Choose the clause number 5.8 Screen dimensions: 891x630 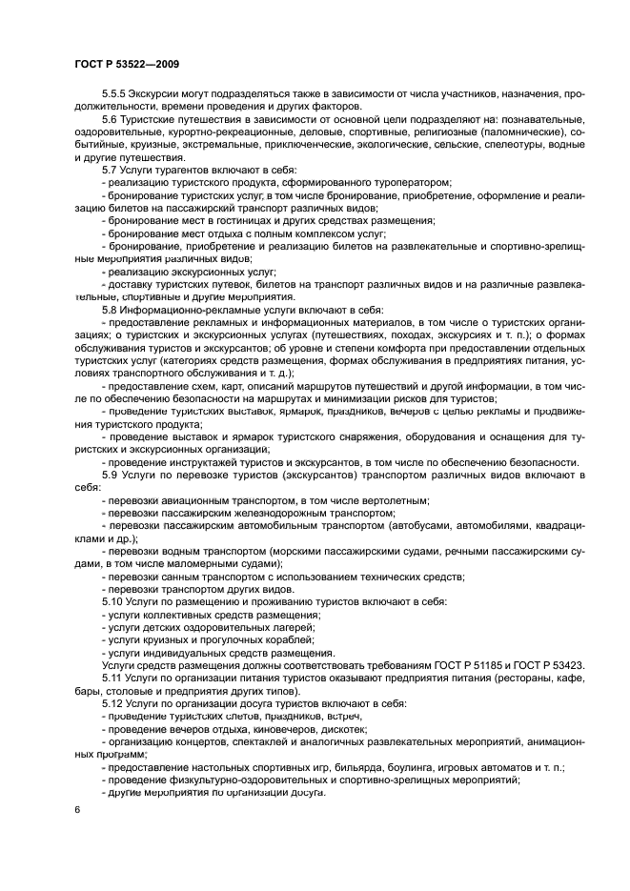(110, 311)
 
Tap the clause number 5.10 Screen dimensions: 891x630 (112, 601)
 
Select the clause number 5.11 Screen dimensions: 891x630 (112, 677)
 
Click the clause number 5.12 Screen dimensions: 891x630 (112, 702)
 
